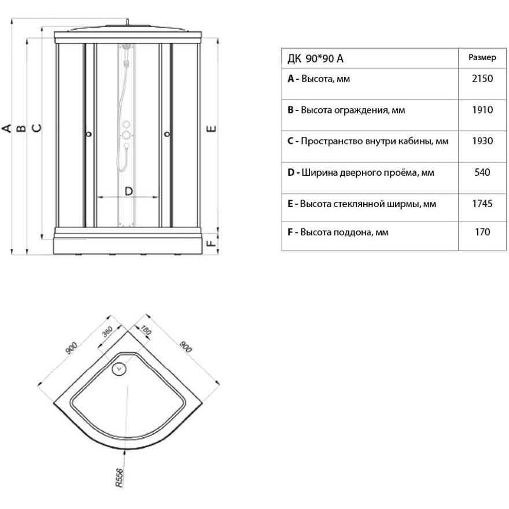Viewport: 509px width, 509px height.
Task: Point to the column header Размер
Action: click(x=482, y=58)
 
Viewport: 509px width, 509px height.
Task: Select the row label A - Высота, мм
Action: click(x=319, y=79)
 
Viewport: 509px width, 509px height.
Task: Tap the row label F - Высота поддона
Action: click(x=338, y=232)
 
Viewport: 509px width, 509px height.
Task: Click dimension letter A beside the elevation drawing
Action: click(x=8, y=128)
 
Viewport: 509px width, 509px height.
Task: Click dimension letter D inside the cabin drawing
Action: click(x=128, y=190)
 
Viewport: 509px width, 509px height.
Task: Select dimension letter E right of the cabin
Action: click(x=212, y=128)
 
